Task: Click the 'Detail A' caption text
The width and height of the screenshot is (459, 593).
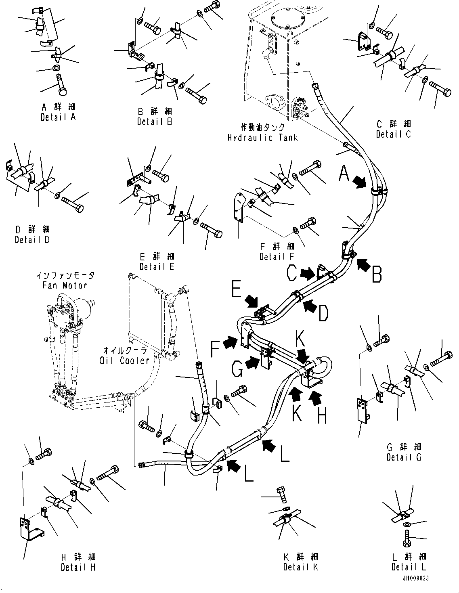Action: pyautogui.click(x=58, y=117)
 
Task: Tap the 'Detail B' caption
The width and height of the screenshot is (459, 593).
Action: pyautogui.click(x=155, y=122)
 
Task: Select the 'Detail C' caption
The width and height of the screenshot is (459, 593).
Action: pyautogui.click(x=393, y=134)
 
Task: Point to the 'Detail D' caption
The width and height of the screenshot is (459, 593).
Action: pyautogui.click(x=32, y=240)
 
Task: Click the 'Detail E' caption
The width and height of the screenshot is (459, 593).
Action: pyautogui.click(x=157, y=266)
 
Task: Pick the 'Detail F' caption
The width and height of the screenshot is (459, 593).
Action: pyautogui.click(x=277, y=256)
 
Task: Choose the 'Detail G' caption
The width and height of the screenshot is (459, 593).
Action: pyautogui.click(x=404, y=457)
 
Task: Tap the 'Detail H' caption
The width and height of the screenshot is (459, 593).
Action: pyautogui.click(x=78, y=567)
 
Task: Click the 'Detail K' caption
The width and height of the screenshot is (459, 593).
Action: pyautogui.click(x=301, y=567)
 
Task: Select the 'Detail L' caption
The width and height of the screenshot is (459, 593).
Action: pyautogui.click(x=409, y=567)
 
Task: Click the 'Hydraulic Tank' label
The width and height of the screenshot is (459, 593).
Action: pyautogui.click(x=262, y=138)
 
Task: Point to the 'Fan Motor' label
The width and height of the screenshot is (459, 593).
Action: pyautogui.click(x=65, y=285)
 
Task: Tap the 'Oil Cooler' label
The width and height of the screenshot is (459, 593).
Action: pyautogui.click(x=124, y=361)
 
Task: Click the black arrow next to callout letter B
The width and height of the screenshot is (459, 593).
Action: pyautogui.click(x=363, y=265)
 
